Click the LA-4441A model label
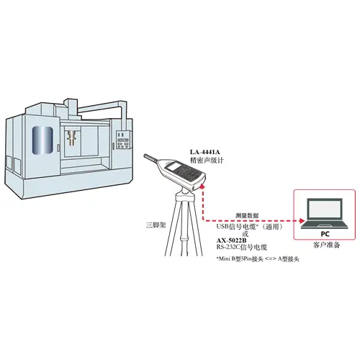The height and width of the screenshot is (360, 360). (205, 152)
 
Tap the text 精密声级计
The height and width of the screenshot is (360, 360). (207, 161)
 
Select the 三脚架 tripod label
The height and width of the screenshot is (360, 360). (156, 225)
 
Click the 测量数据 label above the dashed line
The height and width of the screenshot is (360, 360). (247, 215)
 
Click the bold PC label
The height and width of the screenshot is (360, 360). (325, 233)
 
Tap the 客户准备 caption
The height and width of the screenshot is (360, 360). (327, 245)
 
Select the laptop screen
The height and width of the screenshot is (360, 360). (325, 209)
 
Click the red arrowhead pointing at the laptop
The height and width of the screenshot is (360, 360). (302, 221)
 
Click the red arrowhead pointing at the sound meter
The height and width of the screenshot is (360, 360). (203, 185)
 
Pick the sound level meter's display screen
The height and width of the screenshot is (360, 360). (174, 166)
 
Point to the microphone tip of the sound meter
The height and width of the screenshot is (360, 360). (145, 156)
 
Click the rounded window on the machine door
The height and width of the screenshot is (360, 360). (42, 140)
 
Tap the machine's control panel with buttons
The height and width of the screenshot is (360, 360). (123, 140)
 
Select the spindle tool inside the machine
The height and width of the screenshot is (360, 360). (71, 138)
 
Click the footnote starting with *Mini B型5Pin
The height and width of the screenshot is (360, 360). (258, 259)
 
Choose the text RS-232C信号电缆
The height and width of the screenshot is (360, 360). (242, 247)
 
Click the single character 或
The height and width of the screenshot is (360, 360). (245, 233)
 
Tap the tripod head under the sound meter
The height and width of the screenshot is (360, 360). (185, 195)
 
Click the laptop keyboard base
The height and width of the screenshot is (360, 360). (325, 225)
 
